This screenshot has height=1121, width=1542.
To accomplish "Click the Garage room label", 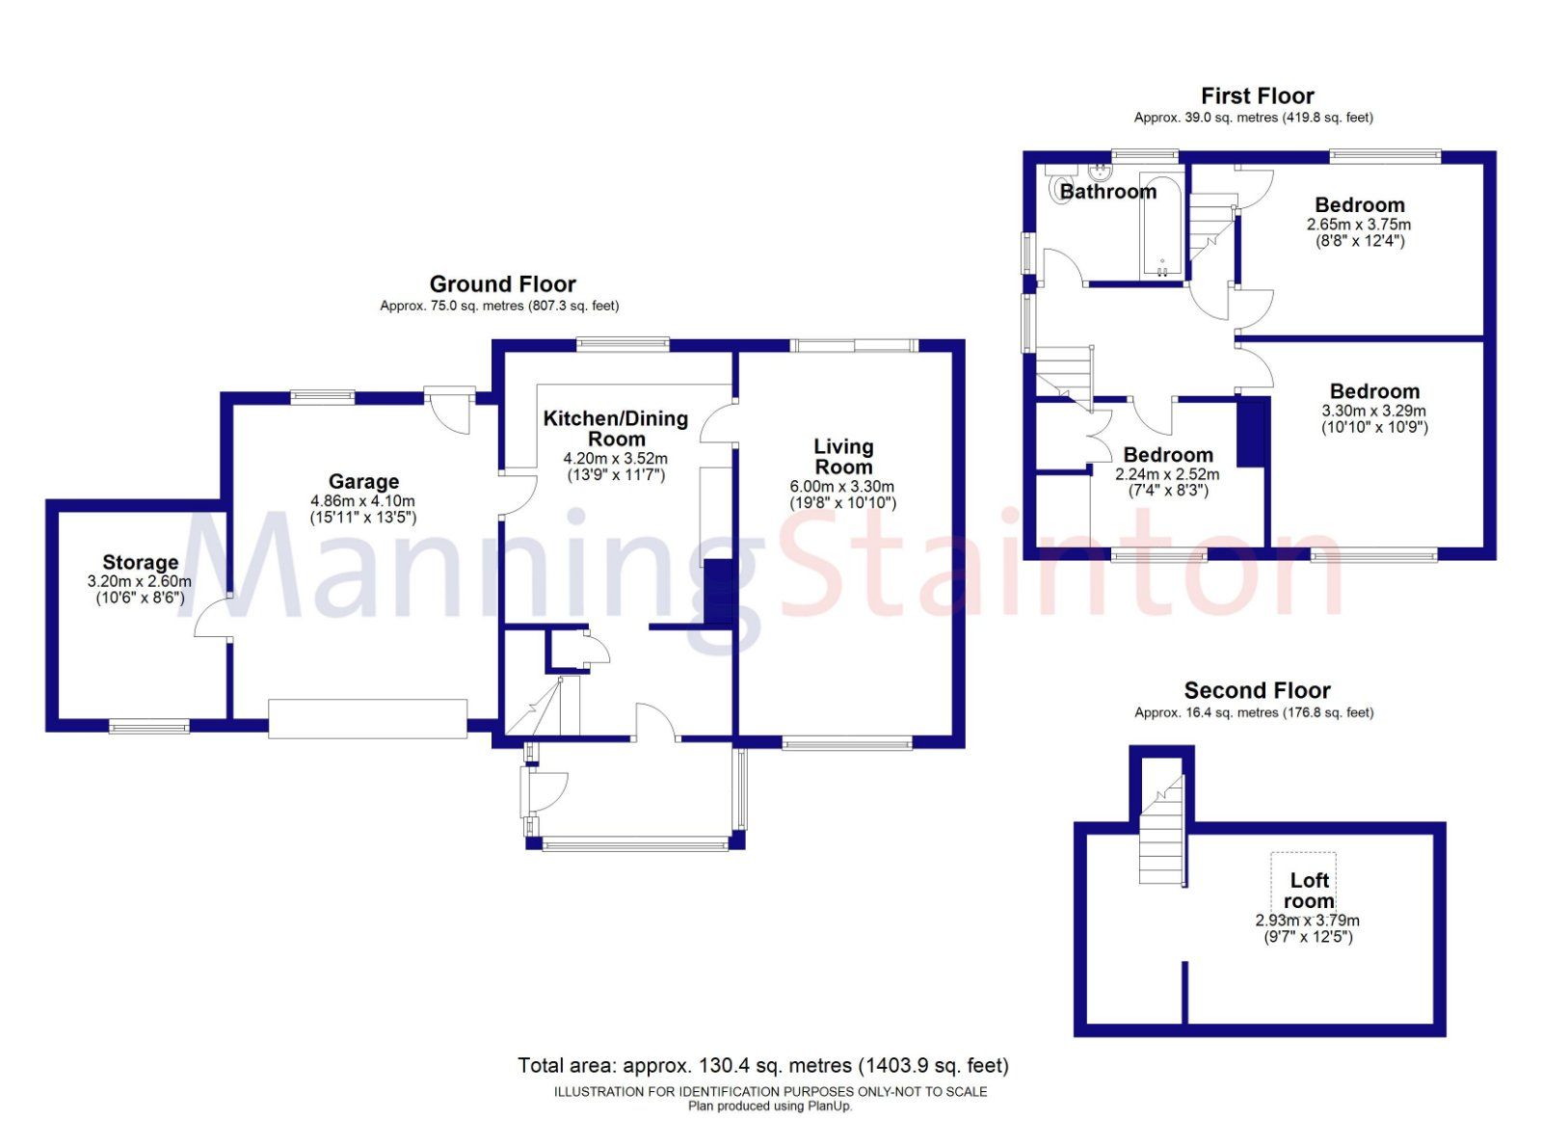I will [x=363, y=481].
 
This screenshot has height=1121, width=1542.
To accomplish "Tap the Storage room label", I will [x=140, y=562].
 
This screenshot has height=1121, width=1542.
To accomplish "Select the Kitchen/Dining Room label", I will [x=616, y=428].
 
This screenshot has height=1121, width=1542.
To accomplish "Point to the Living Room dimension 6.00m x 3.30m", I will [x=842, y=487].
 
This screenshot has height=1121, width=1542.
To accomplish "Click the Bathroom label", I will [x=1107, y=191].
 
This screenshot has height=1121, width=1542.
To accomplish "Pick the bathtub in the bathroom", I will [x=1161, y=227].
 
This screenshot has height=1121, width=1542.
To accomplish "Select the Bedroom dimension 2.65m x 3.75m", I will [x=1359, y=225].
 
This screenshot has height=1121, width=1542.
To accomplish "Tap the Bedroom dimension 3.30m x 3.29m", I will [x=1373, y=411].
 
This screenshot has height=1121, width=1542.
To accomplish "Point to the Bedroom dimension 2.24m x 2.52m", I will [x=1167, y=474].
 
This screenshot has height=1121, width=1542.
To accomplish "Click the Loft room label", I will [x=1309, y=891].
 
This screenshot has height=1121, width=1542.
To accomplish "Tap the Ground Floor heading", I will [x=502, y=283].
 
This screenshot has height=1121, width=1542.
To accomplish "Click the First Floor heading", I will [x=1257, y=95].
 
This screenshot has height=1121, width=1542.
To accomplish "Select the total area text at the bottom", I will [x=762, y=1065].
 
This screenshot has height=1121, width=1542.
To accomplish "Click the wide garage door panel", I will [x=367, y=719].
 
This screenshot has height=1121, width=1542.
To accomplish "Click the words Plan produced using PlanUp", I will [x=770, y=1106].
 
